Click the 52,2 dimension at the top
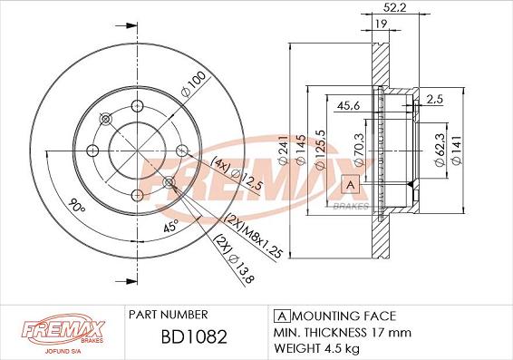click(x=391, y=8)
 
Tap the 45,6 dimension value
click(x=348, y=106)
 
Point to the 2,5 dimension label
click(x=435, y=98)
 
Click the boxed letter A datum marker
click(x=349, y=185)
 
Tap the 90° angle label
click(x=76, y=208)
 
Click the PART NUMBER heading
click(x=168, y=316)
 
